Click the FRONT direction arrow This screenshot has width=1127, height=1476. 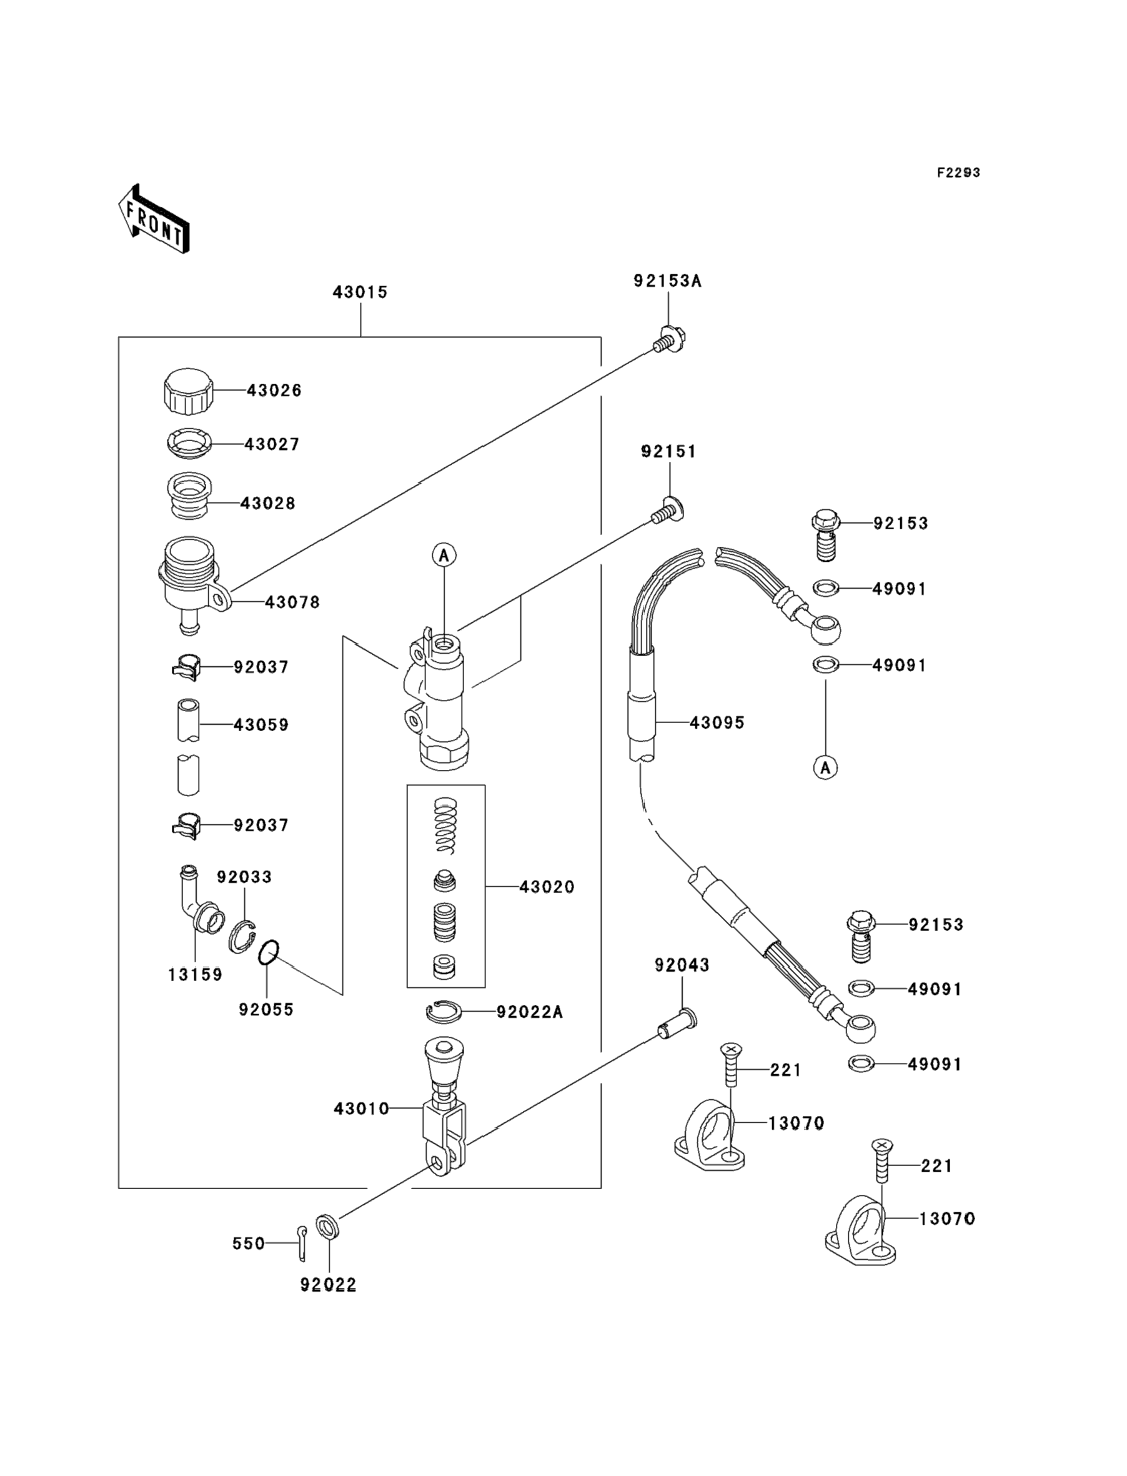coord(154,219)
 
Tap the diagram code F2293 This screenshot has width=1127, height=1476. coord(958,172)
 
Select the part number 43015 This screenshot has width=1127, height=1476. coord(360,292)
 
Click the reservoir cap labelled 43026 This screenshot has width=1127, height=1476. coord(188,392)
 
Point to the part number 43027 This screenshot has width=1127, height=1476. coord(272,444)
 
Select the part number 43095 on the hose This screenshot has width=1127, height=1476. coord(717,722)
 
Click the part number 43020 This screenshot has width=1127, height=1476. coord(547,887)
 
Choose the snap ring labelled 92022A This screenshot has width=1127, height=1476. coord(444,1012)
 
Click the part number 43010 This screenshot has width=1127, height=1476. coord(362,1109)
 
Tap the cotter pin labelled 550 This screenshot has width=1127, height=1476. coord(302,1242)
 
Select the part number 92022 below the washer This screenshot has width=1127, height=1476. coord(328,1284)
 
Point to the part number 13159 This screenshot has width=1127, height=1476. coord(194,975)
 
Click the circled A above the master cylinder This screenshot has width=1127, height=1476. coord(444,555)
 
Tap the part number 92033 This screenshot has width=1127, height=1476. coord(244,877)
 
